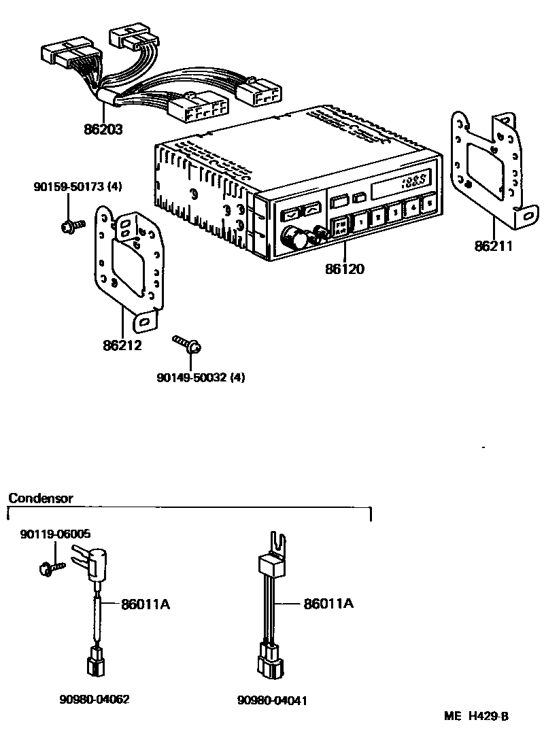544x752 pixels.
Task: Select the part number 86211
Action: point(494,245)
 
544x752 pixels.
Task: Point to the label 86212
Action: point(122,345)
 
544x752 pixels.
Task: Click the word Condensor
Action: point(40,498)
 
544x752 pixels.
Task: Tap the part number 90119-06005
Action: point(54,534)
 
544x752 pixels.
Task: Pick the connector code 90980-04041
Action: point(272,700)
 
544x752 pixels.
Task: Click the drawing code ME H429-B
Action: point(477,716)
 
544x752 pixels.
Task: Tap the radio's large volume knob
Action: point(294,238)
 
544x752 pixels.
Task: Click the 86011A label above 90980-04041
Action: point(329,603)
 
